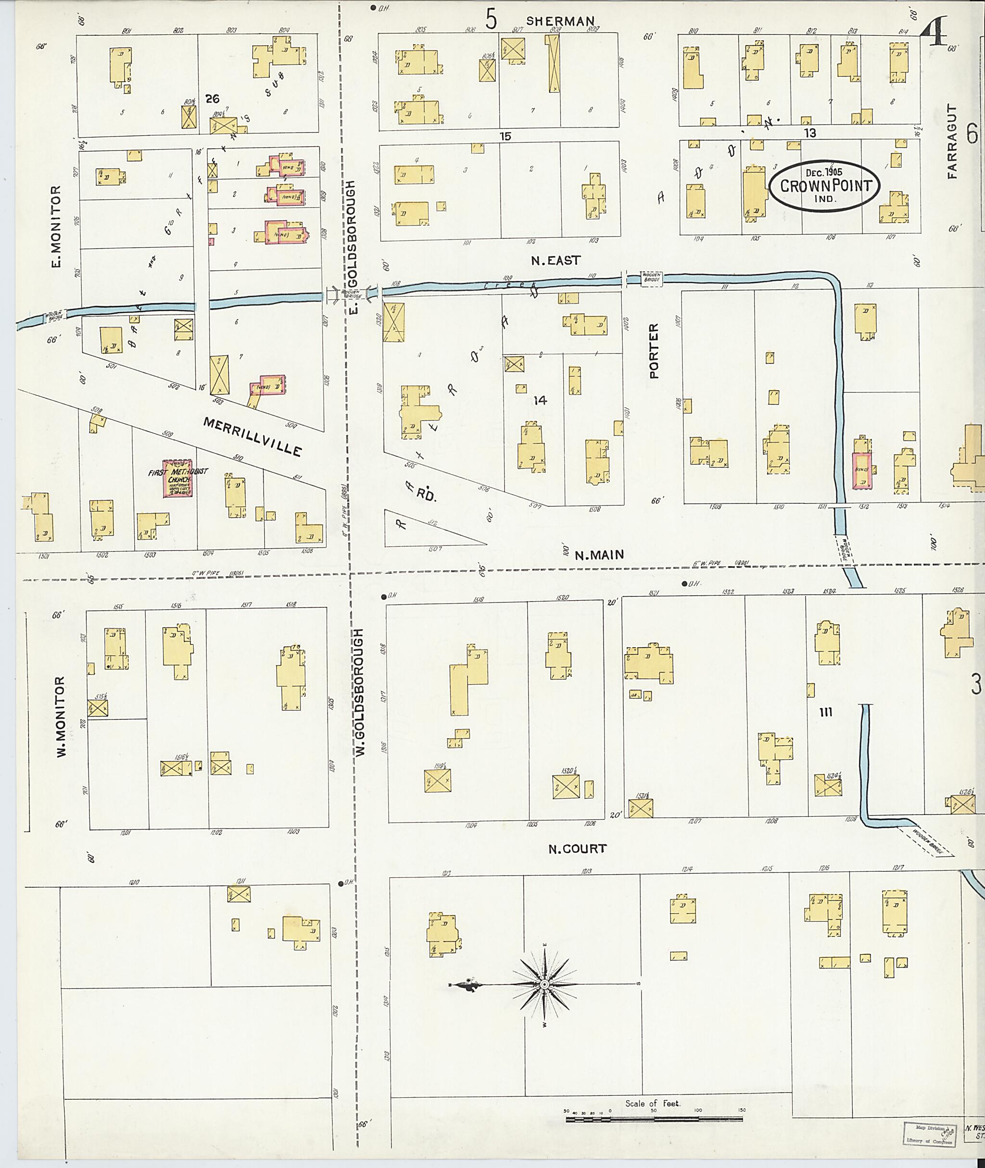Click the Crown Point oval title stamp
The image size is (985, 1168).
[x=824, y=186]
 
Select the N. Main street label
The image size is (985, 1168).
[x=599, y=554]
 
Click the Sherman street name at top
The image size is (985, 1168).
[x=560, y=21]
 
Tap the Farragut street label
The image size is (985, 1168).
[x=952, y=141]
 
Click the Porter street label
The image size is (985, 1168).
[x=655, y=351]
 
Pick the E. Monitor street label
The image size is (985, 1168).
[x=56, y=226]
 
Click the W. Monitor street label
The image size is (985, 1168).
[x=60, y=717]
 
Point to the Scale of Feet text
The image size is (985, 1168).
[x=653, y=1104]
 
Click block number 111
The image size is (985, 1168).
[x=826, y=712]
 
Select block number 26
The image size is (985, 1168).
[x=212, y=99]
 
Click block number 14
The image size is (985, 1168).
[x=540, y=400]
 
